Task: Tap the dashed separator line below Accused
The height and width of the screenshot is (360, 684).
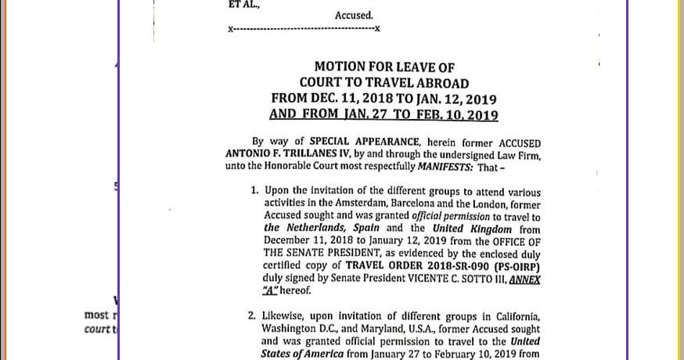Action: click(304, 30)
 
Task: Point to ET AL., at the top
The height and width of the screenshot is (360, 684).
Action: click(245, 5)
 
